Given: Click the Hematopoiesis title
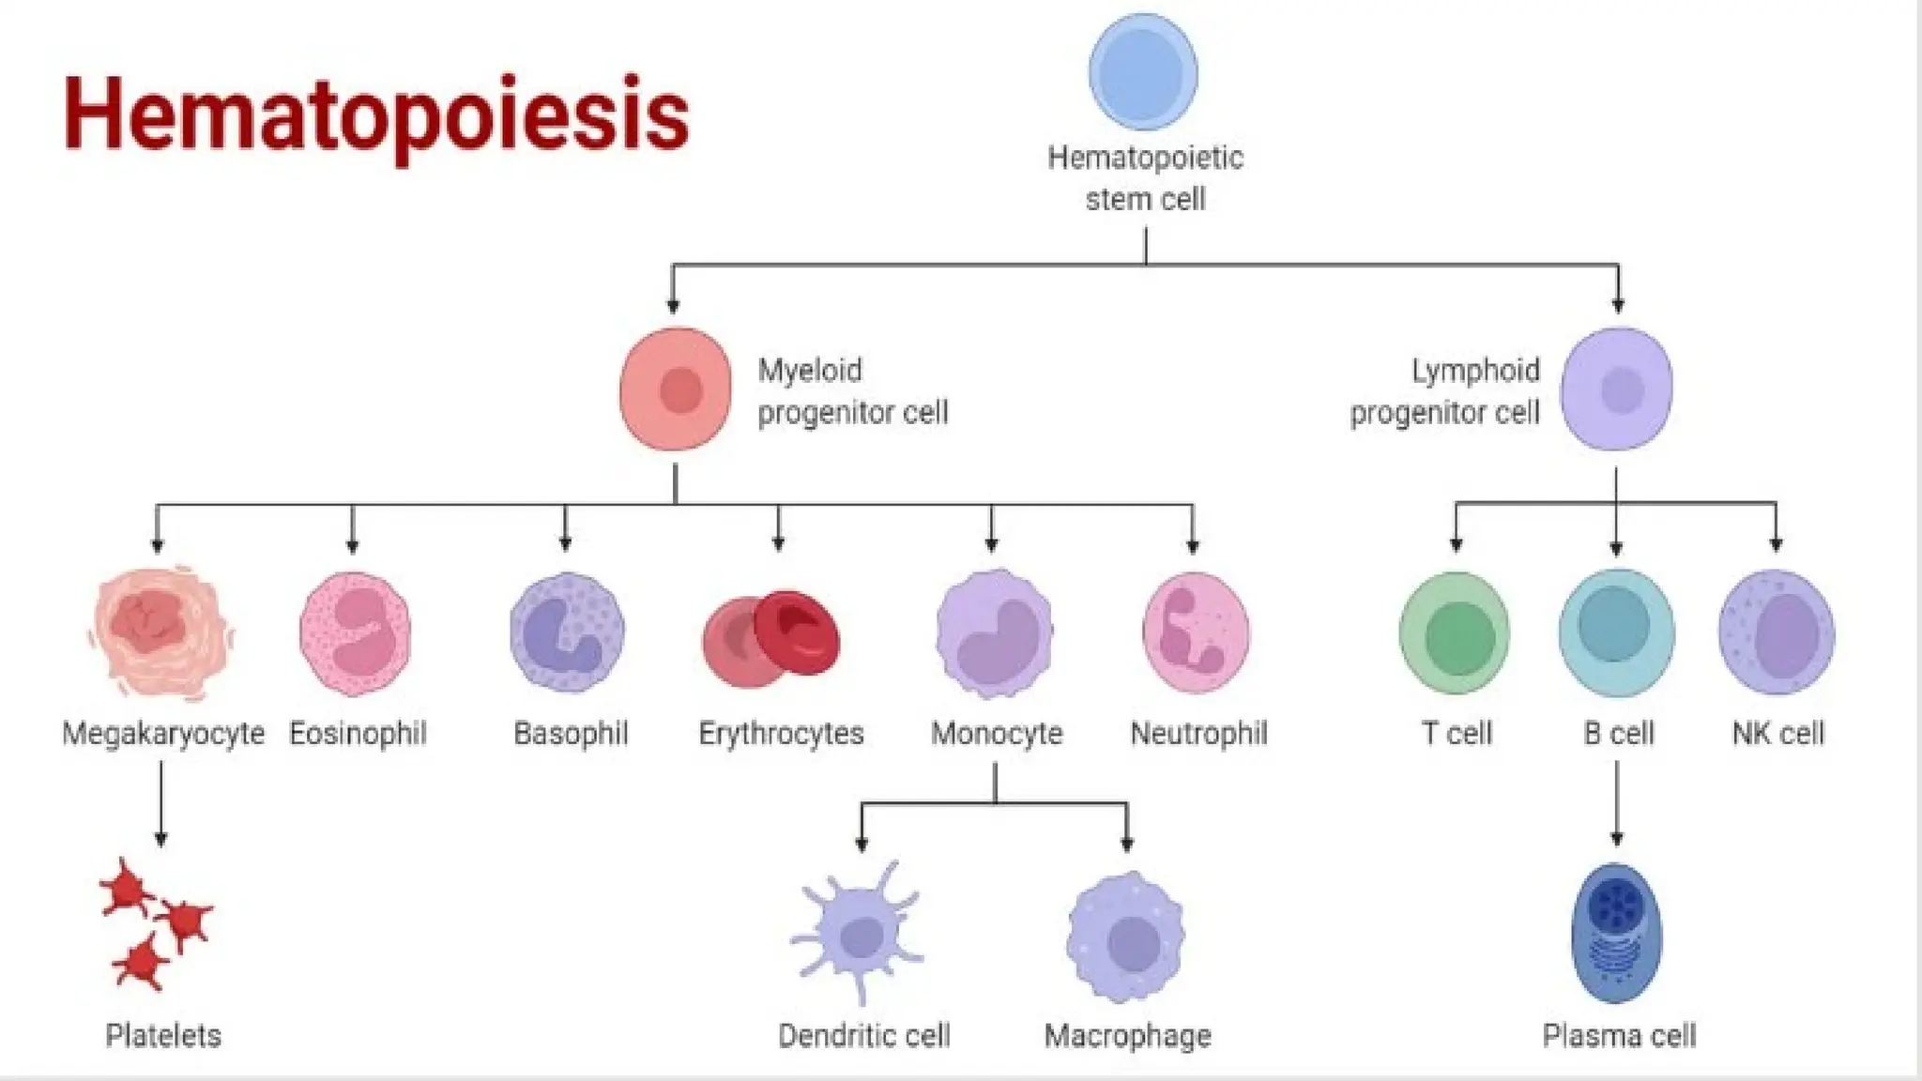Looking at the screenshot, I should pyautogui.click(x=375, y=114).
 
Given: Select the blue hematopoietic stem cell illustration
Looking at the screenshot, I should pyautogui.click(x=1143, y=72).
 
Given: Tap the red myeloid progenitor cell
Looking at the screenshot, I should pyautogui.click(x=675, y=388).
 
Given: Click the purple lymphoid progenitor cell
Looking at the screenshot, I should pyautogui.click(x=1616, y=388).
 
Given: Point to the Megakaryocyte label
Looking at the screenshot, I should pyautogui.click(x=163, y=733).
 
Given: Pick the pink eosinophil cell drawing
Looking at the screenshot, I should pyautogui.click(x=355, y=633).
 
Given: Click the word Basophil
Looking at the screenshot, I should pyautogui.click(x=571, y=733).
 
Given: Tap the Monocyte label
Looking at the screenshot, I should pyautogui.click(x=997, y=733).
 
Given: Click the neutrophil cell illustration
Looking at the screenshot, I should pyautogui.click(x=1196, y=633).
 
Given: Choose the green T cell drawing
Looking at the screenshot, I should pyautogui.click(x=1455, y=634).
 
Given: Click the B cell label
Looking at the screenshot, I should pyautogui.click(x=1618, y=733).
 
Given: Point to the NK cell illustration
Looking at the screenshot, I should pyautogui.click(x=1777, y=634).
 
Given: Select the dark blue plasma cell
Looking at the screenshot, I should pyautogui.click(x=1616, y=933).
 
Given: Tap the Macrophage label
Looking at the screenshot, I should pyautogui.click(x=1128, y=1036).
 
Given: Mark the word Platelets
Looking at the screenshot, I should pyautogui.click(x=163, y=1036).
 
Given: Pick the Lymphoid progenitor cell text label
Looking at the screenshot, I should pyautogui.click(x=1445, y=391).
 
